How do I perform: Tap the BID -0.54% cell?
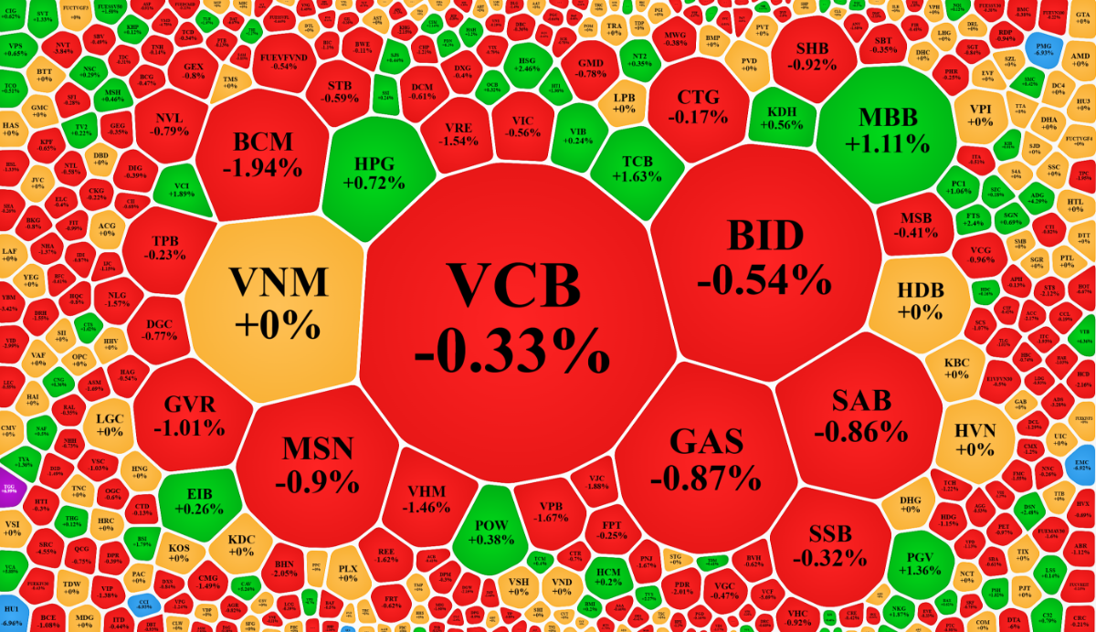764,256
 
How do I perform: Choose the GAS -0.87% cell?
704,457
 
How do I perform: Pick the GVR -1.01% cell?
188,416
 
